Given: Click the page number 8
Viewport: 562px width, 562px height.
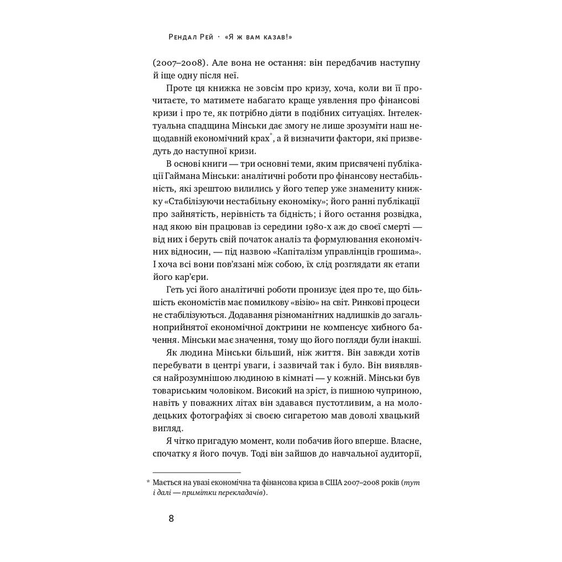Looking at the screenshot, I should click(x=171, y=518).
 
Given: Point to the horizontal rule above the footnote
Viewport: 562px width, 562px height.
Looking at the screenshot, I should click(x=196, y=473).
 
